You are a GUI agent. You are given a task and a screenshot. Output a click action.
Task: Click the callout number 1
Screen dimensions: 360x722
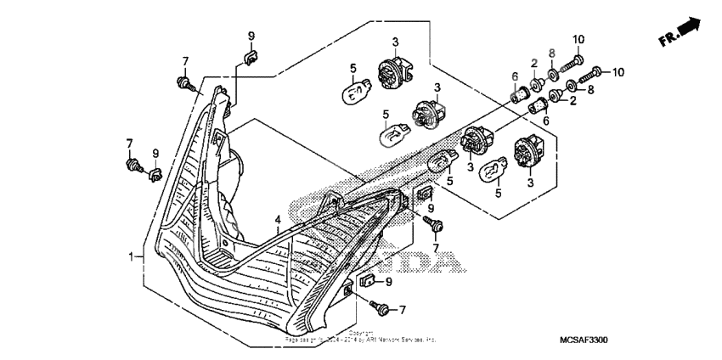(132, 255)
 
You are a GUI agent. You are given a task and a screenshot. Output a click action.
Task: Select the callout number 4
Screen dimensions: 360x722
(278, 220)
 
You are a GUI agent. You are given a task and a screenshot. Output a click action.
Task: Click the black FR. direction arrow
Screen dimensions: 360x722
(690, 28)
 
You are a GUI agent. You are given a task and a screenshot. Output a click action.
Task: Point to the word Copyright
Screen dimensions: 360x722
(361, 332)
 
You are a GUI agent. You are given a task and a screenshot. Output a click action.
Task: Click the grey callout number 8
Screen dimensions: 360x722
(552, 53)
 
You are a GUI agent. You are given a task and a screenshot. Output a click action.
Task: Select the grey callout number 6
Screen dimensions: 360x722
(515, 76)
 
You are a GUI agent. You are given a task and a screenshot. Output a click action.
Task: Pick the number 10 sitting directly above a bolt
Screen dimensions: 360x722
(578, 40)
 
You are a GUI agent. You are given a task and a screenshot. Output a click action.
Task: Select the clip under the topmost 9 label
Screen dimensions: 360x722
(250, 58)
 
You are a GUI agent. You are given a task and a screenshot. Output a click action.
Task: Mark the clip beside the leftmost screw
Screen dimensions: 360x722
(154, 175)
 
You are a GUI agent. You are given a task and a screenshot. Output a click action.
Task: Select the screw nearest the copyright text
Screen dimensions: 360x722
(378, 307)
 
